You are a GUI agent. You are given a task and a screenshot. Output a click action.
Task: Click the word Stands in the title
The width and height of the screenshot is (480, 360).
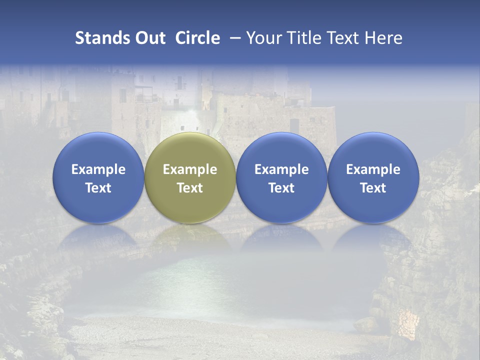97,38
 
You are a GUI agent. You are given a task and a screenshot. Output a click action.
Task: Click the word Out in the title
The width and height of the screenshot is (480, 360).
149,38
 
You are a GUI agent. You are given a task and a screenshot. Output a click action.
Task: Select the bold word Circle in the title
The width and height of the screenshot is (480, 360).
197,38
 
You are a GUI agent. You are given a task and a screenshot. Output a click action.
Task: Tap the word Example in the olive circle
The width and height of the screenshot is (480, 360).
190,169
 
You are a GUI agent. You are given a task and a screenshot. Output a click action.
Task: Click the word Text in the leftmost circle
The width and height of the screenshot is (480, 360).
98,188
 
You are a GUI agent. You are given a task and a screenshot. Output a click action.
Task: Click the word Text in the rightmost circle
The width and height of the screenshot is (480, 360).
373,188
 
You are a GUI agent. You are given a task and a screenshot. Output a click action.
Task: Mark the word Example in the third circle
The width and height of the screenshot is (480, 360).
281,169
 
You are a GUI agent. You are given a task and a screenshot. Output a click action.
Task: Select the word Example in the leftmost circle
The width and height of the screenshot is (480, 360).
98,169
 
